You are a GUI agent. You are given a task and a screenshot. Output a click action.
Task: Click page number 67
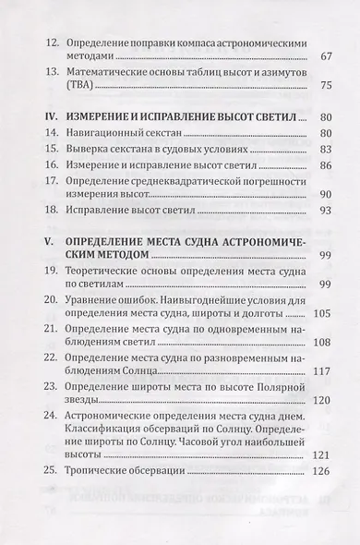[x=325, y=58]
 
